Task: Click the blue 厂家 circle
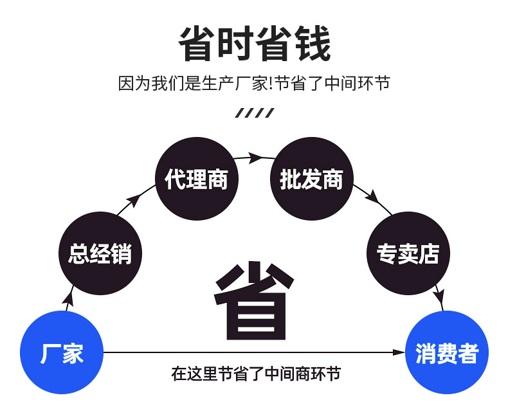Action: pos(62,352)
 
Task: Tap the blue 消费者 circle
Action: pos(446,352)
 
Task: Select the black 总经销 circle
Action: pos(100,252)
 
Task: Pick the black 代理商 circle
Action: pos(196,179)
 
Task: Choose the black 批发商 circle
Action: pos(312,179)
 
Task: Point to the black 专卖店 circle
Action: pos(408,252)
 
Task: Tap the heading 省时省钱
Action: pos(254,44)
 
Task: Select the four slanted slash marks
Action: pos(254,114)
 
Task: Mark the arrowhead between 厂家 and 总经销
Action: pos(69,298)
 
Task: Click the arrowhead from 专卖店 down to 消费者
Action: pos(439,298)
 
